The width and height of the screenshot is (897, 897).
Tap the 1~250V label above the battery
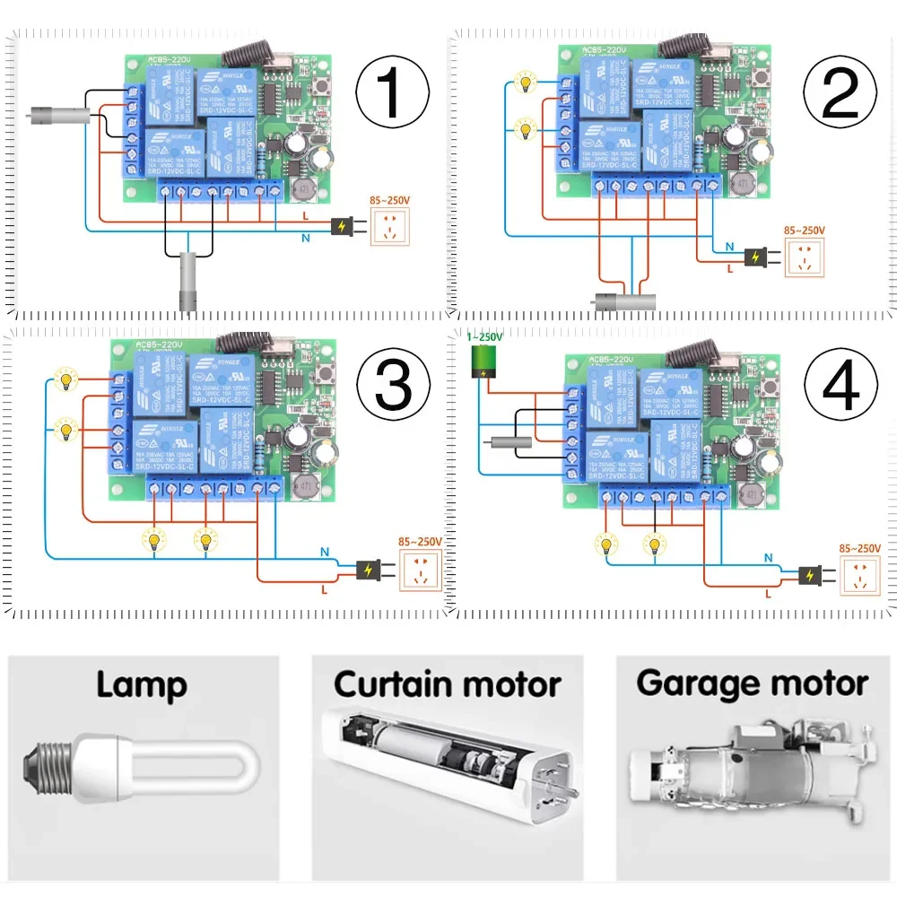coord(484,336)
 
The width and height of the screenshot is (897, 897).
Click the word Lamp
coord(142,685)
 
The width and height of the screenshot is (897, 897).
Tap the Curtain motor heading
coord(448,684)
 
